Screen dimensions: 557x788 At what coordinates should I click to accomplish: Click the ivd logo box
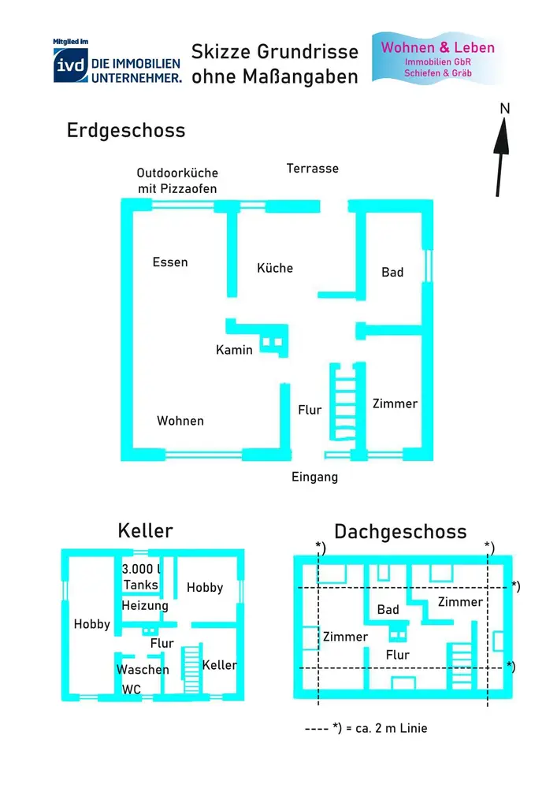[69, 65]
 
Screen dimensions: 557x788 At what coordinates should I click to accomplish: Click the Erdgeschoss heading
[126, 130]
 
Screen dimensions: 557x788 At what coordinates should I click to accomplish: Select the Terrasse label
[313, 168]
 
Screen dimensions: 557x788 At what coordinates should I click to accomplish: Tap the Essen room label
[170, 262]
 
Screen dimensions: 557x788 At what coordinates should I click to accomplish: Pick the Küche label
[275, 268]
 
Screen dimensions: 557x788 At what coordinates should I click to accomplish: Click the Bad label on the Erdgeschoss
[392, 272]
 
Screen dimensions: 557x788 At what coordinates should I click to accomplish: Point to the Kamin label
[235, 349]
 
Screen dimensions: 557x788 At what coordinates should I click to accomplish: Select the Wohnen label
[180, 421]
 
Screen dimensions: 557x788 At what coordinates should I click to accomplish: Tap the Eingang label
[314, 477]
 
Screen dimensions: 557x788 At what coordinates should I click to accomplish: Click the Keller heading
[145, 530]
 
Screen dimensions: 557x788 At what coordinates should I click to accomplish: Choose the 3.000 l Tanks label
[143, 577]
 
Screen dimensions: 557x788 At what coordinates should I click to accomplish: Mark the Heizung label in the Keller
[145, 605]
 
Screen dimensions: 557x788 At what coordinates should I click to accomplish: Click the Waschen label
[143, 670]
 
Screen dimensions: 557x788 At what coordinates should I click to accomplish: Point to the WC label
[131, 689]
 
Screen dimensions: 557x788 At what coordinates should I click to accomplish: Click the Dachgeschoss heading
[400, 531]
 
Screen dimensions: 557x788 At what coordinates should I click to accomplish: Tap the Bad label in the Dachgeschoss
[388, 609]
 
